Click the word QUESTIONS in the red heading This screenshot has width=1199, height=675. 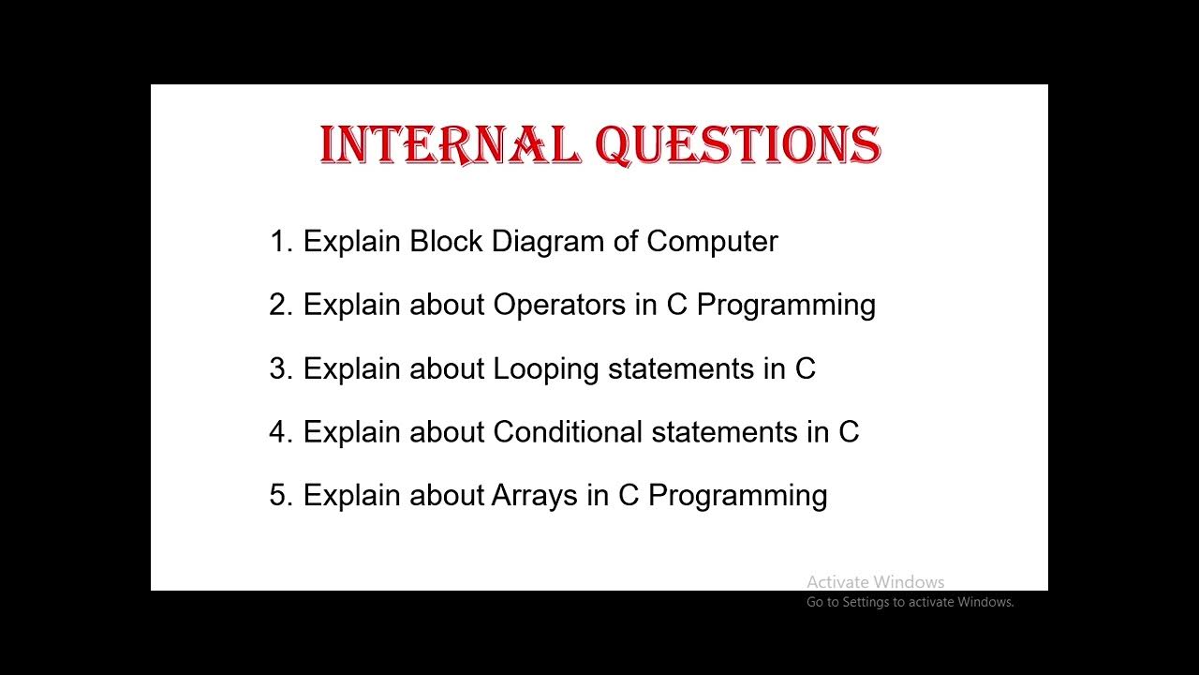click(x=738, y=146)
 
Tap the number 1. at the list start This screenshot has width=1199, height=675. click(x=281, y=242)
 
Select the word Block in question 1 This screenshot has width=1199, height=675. click(x=447, y=242)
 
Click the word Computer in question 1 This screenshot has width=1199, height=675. click(x=712, y=242)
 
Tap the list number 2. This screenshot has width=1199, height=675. click(x=281, y=305)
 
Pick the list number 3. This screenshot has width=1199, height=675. click(x=281, y=368)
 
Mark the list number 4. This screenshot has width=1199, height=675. click(x=281, y=432)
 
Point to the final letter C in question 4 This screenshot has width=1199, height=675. click(x=848, y=432)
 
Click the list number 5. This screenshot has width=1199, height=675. click(x=281, y=495)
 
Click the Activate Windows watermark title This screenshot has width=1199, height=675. click(x=875, y=582)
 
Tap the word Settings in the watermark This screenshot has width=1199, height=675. click(x=866, y=602)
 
